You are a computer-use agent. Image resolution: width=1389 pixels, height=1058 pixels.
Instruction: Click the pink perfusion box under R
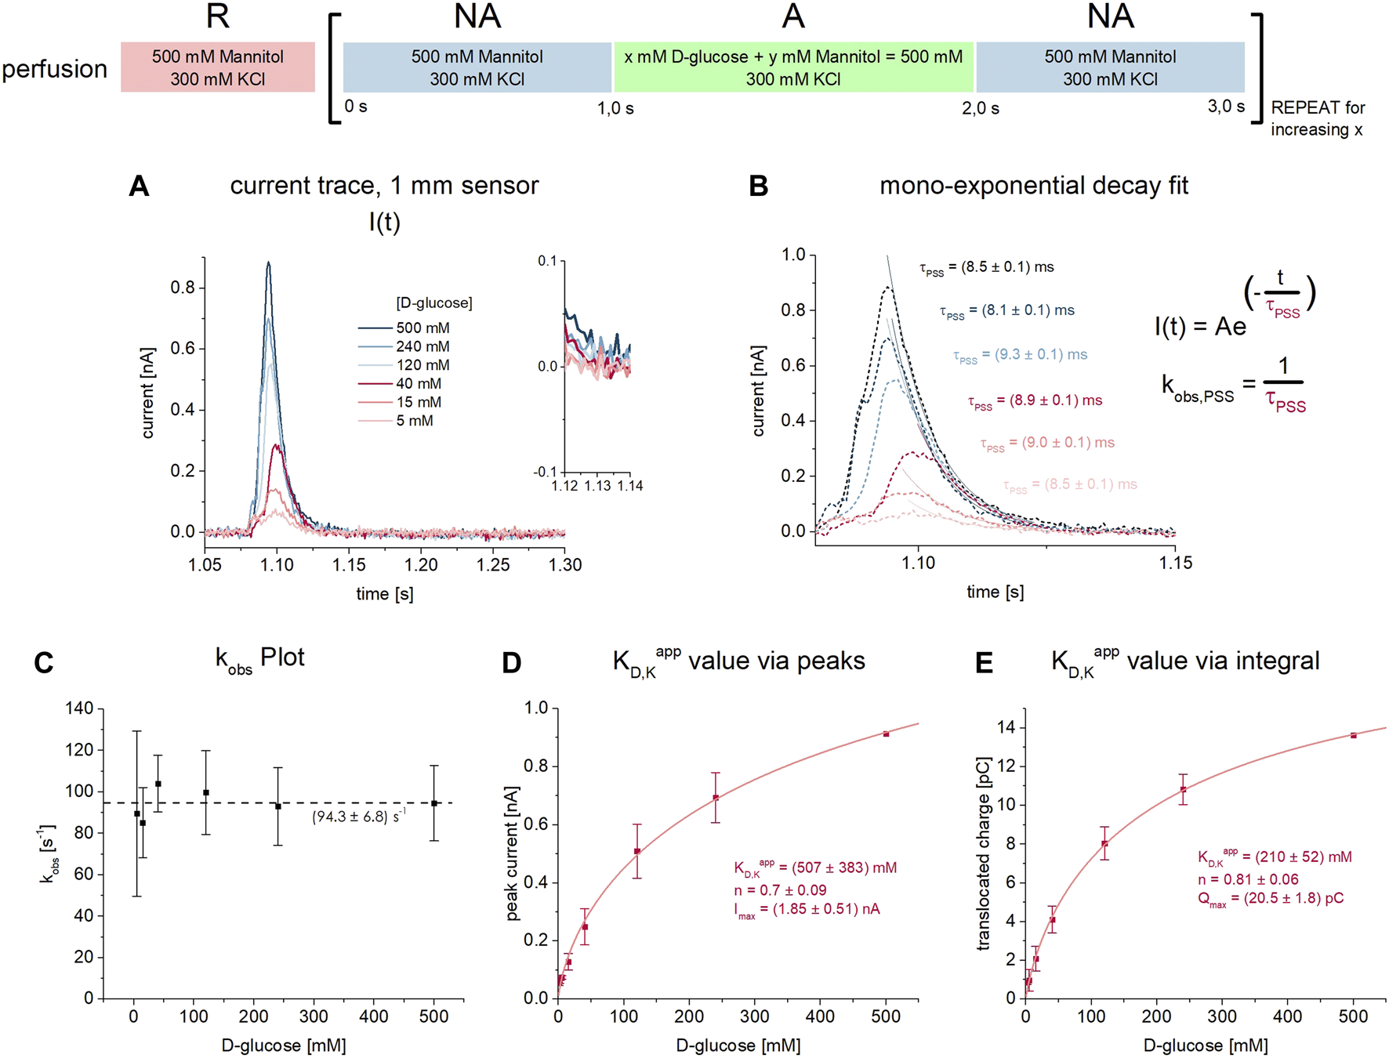(x=218, y=67)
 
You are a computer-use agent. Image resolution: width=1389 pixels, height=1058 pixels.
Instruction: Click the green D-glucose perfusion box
(x=793, y=67)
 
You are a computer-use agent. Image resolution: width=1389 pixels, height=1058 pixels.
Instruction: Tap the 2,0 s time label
(x=980, y=109)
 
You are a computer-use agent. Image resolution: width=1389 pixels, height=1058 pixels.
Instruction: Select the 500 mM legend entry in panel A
(x=422, y=328)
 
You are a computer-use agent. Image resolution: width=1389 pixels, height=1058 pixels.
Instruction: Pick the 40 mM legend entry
(x=418, y=383)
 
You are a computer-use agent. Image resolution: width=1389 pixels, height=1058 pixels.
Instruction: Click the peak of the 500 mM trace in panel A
(x=268, y=263)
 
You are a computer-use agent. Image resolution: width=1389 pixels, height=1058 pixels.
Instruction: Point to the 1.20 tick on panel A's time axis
(x=421, y=564)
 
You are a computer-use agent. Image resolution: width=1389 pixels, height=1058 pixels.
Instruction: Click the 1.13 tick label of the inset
(x=597, y=486)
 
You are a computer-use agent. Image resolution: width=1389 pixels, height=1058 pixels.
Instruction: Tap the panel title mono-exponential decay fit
(x=1033, y=186)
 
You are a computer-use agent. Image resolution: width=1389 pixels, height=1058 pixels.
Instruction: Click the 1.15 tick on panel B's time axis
(x=1175, y=563)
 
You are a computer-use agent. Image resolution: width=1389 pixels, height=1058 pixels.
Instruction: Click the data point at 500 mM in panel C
(x=434, y=803)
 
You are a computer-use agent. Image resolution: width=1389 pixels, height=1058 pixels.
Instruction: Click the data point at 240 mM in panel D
(x=716, y=798)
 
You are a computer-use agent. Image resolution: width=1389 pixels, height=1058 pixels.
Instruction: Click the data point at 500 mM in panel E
(x=1354, y=735)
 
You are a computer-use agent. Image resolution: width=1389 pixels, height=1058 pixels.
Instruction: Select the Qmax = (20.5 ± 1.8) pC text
(x=1270, y=898)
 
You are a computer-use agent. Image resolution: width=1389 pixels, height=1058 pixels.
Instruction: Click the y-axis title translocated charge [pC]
(x=984, y=853)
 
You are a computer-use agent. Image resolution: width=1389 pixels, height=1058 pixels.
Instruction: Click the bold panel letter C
(x=44, y=663)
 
